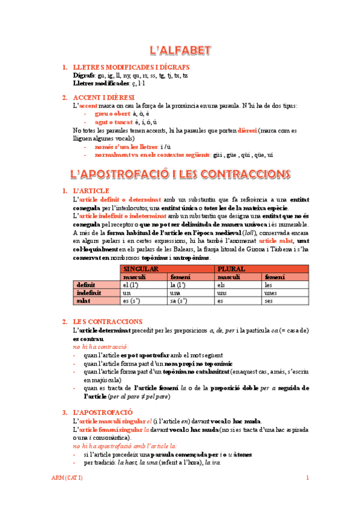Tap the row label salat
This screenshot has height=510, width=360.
point(84,300)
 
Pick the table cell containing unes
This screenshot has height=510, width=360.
point(272,292)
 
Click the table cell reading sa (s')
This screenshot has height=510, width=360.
point(180,300)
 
